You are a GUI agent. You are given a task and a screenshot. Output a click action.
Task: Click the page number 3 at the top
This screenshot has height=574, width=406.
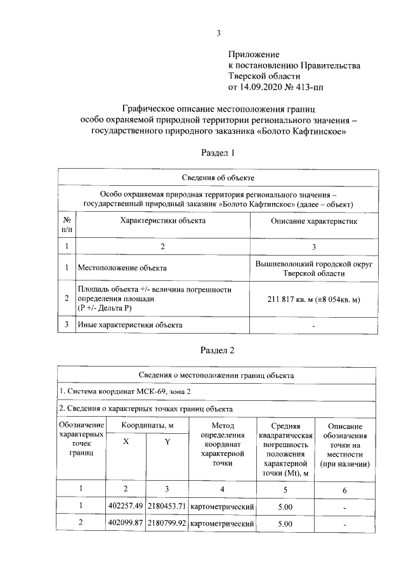tap(219, 33)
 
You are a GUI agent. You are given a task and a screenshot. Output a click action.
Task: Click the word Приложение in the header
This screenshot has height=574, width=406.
tap(254, 55)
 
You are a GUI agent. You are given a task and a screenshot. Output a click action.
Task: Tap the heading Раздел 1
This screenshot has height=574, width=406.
tap(218, 153)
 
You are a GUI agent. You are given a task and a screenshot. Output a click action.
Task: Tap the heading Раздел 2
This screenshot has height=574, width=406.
tap(218, 349)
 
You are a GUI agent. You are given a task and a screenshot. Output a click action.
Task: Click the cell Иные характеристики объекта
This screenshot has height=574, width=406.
tap(130, 325)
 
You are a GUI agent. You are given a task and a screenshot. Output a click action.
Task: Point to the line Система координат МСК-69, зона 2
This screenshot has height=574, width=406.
tap(126, 391)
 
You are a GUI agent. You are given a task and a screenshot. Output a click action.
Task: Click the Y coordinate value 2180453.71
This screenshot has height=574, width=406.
tap(167, 507)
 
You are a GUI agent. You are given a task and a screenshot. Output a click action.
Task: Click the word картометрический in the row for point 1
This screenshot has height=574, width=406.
tap(222, 507)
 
